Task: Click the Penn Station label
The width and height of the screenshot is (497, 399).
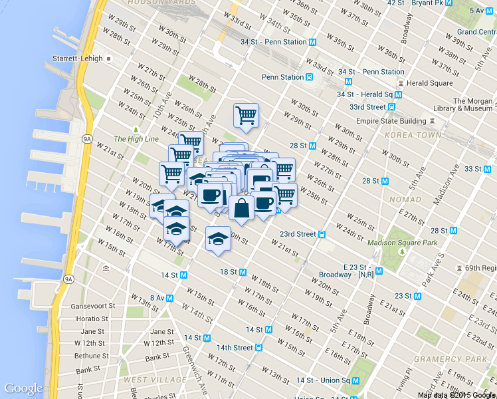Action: (282, 77)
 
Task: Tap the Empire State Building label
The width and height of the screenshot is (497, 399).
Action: (391, 121)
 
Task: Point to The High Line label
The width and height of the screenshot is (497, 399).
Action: (136, 138)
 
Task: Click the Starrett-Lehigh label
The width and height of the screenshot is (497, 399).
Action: (78, 59)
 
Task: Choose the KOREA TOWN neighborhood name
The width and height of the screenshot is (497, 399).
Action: (413, 135)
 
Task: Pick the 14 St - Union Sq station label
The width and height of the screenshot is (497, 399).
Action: (323, 380)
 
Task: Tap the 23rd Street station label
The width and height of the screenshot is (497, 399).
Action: (298, 234)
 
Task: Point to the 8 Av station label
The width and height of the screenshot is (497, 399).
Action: (157, 297)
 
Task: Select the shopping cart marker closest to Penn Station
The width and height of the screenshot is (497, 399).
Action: (246, 116)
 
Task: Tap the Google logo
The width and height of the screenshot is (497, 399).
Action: (24, 388)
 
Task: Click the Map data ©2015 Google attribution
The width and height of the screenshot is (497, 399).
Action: (456, 395)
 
